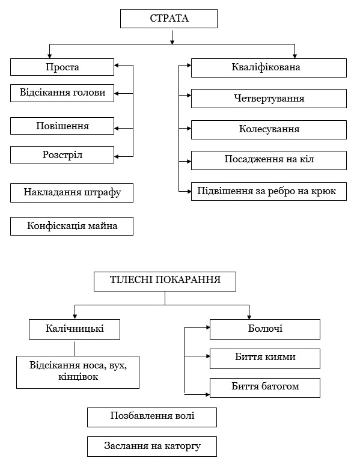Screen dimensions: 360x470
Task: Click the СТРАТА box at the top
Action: coord(169,19)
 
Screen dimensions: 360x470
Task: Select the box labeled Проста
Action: coord(62,67)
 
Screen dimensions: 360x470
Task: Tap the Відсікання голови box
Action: coord(62,93)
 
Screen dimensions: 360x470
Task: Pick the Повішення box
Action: coord(62,126)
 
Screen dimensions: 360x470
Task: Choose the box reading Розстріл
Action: coord(62,154)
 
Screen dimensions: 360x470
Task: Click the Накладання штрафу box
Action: coord(72,193)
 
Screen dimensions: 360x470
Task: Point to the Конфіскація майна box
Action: coord(72,226)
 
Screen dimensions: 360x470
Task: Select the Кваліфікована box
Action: coord(269,68)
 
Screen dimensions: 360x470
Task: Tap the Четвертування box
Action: coord(269,99)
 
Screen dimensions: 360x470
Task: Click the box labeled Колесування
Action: coord(269,129)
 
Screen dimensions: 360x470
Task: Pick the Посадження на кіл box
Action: coord(269,160)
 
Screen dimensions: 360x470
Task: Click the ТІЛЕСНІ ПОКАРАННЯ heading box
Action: coord(165,281)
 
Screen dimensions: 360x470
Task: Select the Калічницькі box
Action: coord(75,329)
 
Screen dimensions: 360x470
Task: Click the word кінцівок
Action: coord(78,377)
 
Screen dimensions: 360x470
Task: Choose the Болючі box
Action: coord(265,329)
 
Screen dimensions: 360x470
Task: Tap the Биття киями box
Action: coord(265,358)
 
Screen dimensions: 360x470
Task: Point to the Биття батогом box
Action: coord(265,388)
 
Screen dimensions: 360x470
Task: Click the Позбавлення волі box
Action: coord(152,417)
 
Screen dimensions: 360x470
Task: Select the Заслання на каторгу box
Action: coord(152,447)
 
